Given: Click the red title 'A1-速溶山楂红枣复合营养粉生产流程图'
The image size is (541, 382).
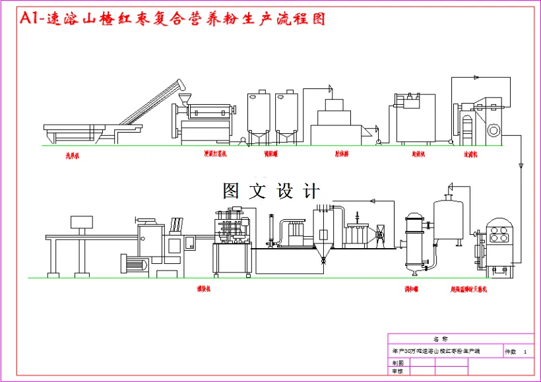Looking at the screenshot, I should (173, 19).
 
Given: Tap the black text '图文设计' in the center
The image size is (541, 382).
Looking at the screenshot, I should (271, 191).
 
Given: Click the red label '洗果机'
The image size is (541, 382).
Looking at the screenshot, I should (72, 156).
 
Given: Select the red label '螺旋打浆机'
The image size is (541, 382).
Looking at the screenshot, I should (215, 154).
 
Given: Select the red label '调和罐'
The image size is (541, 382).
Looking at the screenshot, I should (414, 288).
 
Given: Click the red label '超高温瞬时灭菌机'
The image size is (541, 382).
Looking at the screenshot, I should (468, 289).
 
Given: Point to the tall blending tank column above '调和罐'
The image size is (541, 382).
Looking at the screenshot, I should (414, 241).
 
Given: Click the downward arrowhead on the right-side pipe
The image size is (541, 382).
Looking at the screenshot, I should (521, 164).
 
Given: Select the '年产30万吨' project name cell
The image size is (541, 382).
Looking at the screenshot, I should (435, 352).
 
